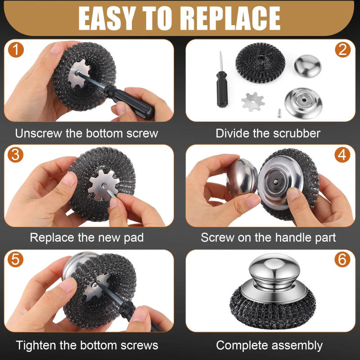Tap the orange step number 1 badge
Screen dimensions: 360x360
pos(16,50)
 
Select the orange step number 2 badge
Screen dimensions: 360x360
pos(342,50)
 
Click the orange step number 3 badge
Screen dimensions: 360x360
pos(16,155)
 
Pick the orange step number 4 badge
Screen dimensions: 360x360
pos(342,155)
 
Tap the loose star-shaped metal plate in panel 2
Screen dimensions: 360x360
pos(252,101)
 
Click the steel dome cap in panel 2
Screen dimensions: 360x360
pos(308,65)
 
